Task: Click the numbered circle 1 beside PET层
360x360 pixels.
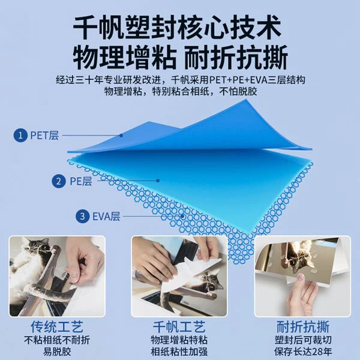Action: pos(21,135)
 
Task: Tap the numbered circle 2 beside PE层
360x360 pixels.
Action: pos(59,181)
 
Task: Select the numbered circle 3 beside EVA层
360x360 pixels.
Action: pos(81,216)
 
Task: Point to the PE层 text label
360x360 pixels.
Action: pos(80,181)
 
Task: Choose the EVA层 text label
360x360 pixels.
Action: pos(104,216)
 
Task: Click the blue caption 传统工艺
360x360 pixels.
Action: pos(57,328)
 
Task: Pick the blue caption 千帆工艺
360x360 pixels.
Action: pos(179,328)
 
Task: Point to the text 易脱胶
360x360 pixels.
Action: pos(57,351)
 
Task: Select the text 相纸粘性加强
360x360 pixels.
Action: pos(179,351)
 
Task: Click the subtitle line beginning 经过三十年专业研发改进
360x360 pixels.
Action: pos(180,79)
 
